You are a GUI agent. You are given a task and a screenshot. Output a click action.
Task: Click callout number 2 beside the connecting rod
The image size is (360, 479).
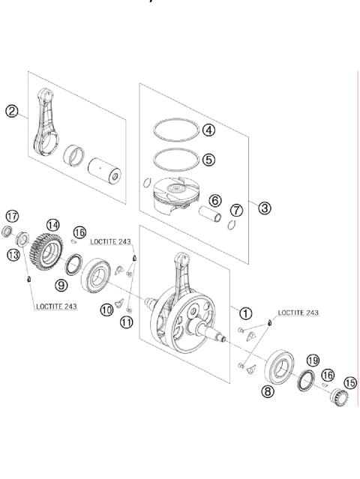[11, 112]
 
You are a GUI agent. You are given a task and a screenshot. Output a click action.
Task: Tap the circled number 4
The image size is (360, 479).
[209, 130]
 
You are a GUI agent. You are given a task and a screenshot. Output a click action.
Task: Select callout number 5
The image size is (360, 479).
[209, 159]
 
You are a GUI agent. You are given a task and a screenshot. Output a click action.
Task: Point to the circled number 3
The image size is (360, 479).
[264, 208]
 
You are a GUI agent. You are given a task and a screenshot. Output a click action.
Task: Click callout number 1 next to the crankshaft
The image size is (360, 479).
[246, 313]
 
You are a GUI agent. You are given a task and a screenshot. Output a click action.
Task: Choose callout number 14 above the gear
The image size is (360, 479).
[52, 224]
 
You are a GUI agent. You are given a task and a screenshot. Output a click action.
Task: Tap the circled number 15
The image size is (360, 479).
[349, 382]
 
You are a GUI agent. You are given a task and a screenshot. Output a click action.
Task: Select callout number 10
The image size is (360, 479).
[108, 310]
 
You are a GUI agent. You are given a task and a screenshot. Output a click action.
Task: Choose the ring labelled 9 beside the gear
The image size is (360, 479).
[74, 265]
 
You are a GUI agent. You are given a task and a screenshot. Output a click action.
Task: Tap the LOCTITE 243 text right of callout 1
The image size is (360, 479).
[298, 312]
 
